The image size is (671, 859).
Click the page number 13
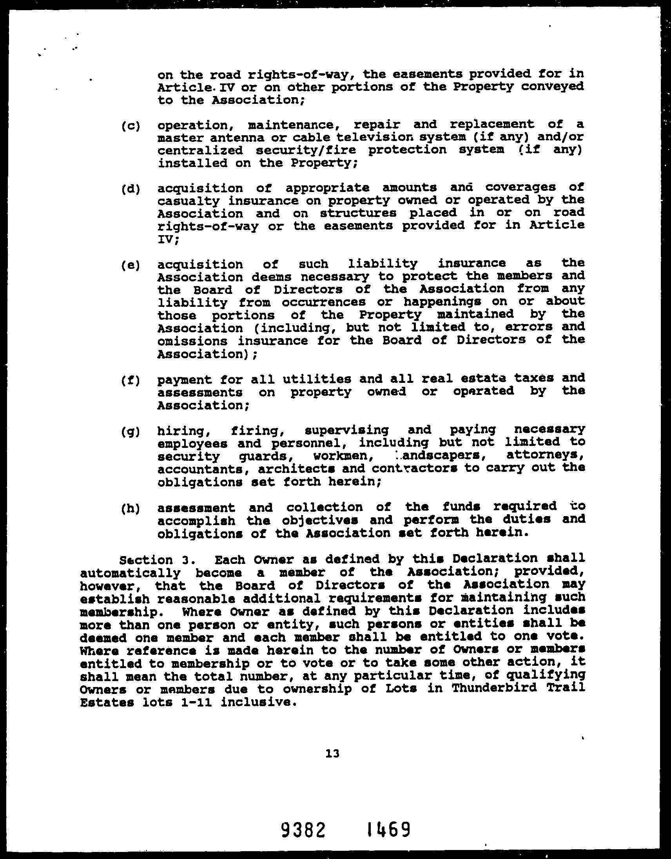tap(332, 753)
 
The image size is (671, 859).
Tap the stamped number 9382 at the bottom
tap(303, 830)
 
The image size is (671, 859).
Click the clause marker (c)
tap(131, 127)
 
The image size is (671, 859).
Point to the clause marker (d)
tap(131, 189)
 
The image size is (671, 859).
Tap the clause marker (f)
tap(131, 381)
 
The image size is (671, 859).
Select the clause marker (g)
tap(131, 431)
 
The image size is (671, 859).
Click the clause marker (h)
tap(131, 508)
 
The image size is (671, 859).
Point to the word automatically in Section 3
tap(130, 573)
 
